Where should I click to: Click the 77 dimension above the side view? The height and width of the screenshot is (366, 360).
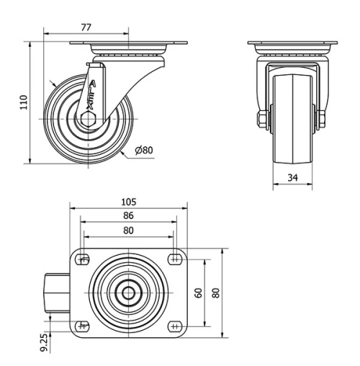coord(85,27)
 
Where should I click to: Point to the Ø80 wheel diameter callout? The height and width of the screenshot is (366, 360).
coord(144,151)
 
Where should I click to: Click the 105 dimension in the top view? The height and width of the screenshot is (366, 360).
coord(128,202)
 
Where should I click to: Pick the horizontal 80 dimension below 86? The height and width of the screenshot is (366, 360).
coord(128,231)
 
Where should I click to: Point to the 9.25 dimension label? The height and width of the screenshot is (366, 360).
coord(45,341)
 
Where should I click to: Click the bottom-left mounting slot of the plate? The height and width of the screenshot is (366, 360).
coord(84,326)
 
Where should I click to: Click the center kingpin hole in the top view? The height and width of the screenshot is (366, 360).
coord(128,293)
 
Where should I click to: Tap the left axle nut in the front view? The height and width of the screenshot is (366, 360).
coord(260,118)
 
